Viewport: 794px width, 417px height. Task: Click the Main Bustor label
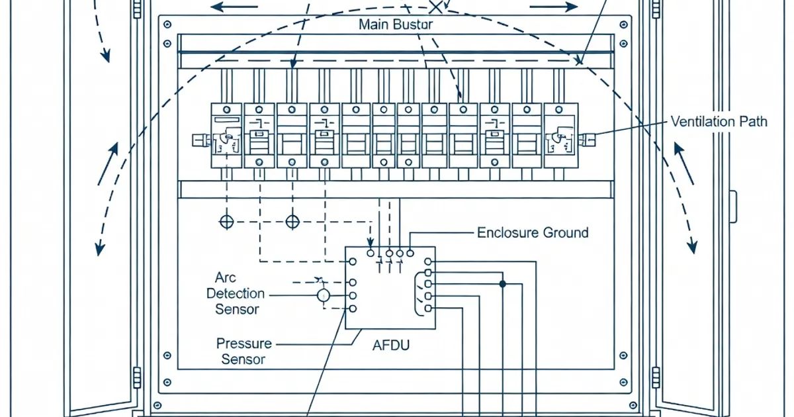[396, 25]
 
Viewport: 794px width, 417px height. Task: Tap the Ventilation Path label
[719, 122]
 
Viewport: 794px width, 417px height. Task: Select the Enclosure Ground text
[533, 233]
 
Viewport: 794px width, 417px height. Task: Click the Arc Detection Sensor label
[236, 293]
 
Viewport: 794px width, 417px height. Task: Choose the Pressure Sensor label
[243, 351]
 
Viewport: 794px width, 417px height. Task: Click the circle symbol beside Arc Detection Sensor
[323, 295]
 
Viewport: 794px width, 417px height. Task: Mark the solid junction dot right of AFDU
[502, 284]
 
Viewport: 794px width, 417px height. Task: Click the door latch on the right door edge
[732, 207]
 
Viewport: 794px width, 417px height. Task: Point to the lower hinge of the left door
[137, 377]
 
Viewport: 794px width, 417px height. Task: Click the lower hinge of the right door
[656, 377]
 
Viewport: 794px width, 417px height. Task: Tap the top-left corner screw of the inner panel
[167, 24]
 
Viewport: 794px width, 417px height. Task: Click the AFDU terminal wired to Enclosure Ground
[410, 252]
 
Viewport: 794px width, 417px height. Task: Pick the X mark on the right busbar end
[579, 62]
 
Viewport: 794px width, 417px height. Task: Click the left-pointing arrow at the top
[235, 8]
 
